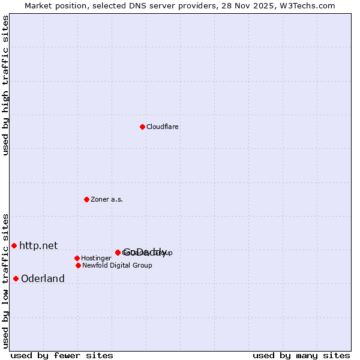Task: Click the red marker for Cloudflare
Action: point(142,127)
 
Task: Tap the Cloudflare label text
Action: point(162,127)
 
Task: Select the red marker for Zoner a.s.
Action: point(86,199)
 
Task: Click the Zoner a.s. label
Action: point(107,200)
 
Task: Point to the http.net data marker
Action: point(14,245)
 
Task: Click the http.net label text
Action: point(38,245)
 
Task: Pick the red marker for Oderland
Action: point(16,278)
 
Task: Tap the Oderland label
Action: point(43,279)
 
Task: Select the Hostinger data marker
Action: point(77,258)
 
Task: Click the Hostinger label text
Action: point(96,259)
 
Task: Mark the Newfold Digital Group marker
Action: point(78,265)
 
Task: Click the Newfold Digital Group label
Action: point(117,265)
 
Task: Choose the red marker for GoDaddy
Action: point(118,252)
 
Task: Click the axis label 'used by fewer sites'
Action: point(62,355)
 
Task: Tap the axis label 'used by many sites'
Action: point(301,355)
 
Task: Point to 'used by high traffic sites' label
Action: point(6,85)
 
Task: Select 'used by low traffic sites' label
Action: point(6,281)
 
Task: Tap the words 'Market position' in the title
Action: point(52,5)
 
